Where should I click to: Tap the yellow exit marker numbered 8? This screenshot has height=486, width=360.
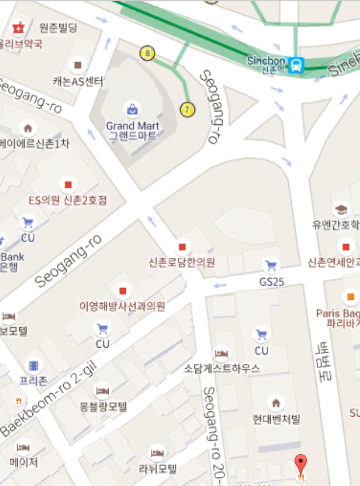[x=148, y=54]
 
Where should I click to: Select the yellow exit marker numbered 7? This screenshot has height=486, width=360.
[x=187, y=109]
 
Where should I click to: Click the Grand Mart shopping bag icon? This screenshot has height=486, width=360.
[x=132, y=108]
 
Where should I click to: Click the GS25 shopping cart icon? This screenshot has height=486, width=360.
[x=271, y=266]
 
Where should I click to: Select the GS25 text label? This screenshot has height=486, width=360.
[x=272, y=281]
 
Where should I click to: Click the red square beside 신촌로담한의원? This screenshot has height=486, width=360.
[x=183, y=247]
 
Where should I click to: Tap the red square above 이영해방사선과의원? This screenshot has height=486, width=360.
[x=121, y=291]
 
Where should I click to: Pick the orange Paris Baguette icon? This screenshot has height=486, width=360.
[x=350, y=296]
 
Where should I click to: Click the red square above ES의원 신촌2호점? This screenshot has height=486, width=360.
[x=68, y=184]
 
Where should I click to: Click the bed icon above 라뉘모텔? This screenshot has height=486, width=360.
[x=157, y=453]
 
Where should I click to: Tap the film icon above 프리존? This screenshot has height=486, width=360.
[x=34, y=365]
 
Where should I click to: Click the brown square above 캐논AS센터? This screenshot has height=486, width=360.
[x=78, y=65]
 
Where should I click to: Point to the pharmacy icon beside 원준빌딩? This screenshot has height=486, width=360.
[x=19, y=27]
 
